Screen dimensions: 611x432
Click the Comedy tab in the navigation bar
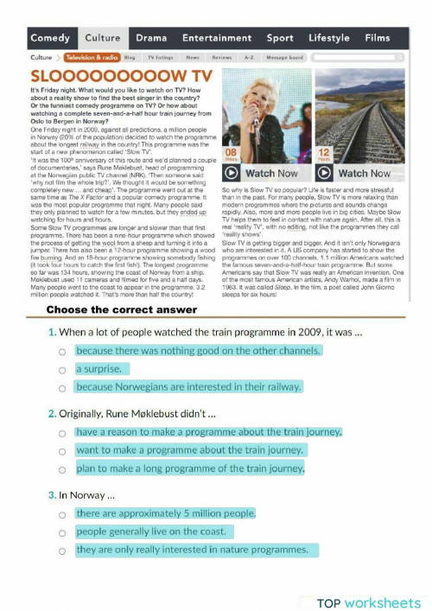tap(49, 38)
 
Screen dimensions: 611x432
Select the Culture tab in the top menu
tap(103, 38)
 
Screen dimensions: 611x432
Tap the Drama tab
tap(151, 38)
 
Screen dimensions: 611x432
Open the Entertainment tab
tap(217, 38)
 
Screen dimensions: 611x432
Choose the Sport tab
tap(280, 38)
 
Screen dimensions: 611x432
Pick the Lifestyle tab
tap(328, 38)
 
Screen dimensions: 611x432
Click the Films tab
tap(378, 38)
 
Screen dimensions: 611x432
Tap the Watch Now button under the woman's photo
tap(263, 173)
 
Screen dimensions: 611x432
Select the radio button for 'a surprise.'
tap(62, 370)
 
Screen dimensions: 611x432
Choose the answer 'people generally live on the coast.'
tap(62, 532)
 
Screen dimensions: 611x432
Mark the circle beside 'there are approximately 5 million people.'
tap(62, 514)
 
